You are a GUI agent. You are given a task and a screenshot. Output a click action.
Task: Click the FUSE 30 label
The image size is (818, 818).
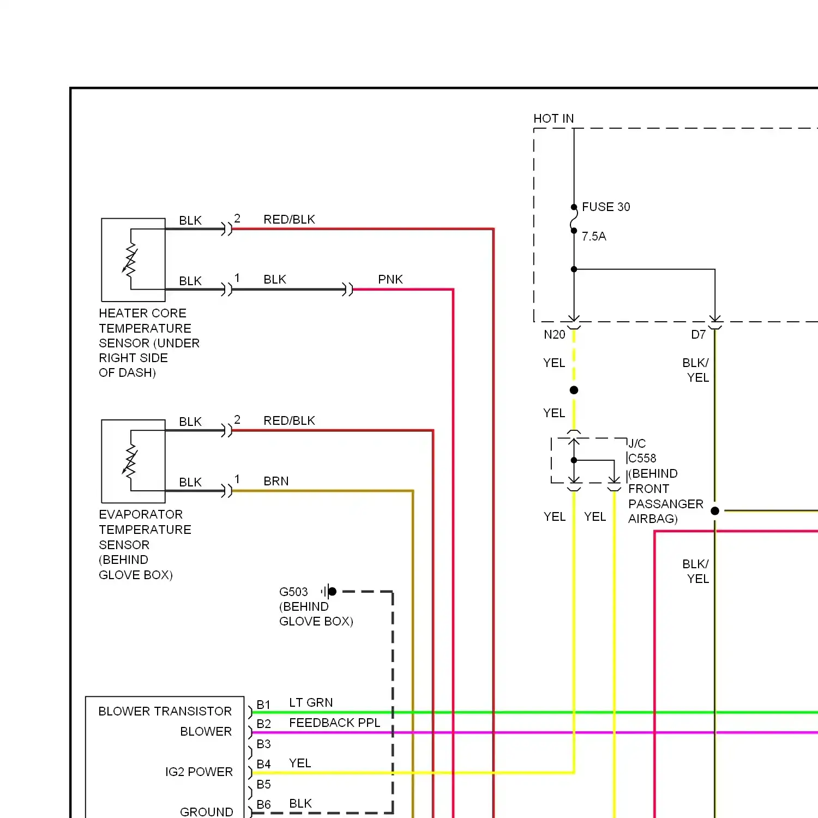pos(606,207)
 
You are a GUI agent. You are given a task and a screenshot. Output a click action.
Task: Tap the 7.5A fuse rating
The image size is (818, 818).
pos(594,237)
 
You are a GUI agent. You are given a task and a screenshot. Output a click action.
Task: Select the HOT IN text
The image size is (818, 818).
pos(554,119)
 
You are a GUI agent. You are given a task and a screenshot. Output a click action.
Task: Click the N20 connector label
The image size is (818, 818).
pos(555,335)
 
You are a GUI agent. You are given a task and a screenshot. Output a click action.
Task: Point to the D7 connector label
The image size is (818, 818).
pos(699,335)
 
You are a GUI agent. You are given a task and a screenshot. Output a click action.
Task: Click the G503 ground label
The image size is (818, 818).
pos(293,592)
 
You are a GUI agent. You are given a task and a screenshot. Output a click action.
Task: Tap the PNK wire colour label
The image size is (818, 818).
pos(390,280)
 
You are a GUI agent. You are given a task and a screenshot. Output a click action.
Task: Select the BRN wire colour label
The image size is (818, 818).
pos(276,482)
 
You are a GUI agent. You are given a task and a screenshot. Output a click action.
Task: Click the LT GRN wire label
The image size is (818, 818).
pos(311,703)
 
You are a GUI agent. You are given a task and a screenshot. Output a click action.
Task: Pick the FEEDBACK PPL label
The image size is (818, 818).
pos(334,723)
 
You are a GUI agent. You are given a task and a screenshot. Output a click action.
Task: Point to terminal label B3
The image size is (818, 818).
pos(263,744)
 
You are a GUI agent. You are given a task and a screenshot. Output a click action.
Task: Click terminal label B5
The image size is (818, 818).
pos(263,785)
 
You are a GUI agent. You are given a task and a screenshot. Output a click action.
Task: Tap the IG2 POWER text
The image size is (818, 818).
pos(199,772)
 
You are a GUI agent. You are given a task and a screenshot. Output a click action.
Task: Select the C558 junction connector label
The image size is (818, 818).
pos(642,459)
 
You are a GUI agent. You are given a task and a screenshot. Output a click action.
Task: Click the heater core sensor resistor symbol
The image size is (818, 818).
pos(130,260)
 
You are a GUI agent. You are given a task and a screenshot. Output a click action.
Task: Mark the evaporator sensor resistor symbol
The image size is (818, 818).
pos(130,461)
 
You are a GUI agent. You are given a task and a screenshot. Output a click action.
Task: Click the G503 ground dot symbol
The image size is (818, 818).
pos(332,591)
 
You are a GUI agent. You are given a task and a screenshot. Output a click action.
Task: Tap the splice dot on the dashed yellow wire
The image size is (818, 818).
pos(574,390)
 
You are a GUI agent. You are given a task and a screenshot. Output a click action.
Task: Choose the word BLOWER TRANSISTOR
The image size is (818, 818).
pos(165,712)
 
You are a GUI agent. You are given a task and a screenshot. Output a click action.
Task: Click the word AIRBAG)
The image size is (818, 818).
pos(653,519)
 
